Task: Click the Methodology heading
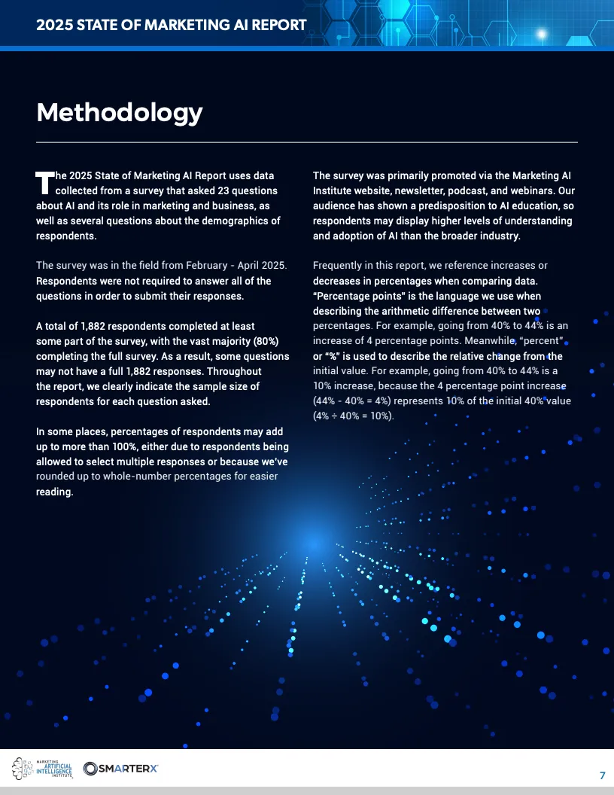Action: click(120, 112)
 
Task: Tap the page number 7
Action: click(602, 775)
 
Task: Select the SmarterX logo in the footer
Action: click(120, 768)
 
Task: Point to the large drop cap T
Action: click(45, 181)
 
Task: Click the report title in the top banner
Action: click(172, 25)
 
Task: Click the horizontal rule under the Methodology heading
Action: click(307, 142)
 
